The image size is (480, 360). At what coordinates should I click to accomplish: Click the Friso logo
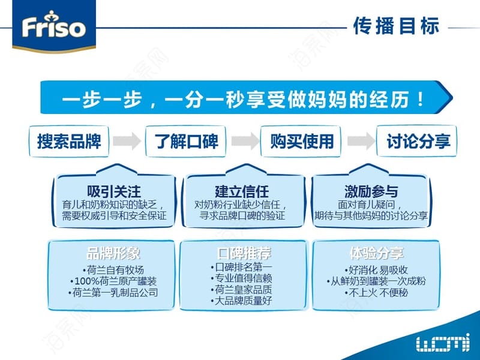point(54,26)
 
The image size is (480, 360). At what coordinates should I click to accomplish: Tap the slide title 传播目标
point(396,26)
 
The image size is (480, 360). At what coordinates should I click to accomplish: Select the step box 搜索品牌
point(69,142)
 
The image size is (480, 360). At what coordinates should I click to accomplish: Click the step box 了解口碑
point(186,142)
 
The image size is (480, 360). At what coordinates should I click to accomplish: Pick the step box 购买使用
point(301,142)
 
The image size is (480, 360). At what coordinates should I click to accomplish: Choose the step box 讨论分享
point(416,142)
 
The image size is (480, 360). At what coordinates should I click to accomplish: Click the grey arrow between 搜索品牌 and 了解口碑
point(127,141)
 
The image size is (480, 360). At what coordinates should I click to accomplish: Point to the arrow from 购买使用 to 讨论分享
point(361,141)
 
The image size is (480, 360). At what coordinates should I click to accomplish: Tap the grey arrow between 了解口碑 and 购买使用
point(245,141)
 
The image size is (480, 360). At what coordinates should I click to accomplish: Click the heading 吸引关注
point(114,191)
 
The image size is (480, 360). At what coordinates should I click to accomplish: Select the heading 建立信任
point(242,191)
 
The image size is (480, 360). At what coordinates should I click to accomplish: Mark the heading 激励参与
point(371,191)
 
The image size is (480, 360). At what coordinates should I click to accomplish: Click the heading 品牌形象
point(113,253)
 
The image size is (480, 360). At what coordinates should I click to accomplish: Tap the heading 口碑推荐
point(244,253)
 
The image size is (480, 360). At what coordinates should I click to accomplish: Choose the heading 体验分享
point(377,253)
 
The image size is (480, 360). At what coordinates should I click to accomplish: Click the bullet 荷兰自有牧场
point(113,270)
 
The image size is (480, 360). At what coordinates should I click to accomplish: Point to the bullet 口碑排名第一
point(241,267)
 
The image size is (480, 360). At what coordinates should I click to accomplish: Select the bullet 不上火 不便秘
point(377,293)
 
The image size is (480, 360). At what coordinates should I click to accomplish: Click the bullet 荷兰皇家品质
point(241,289)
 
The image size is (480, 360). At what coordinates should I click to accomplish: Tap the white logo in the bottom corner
point(443,342)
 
